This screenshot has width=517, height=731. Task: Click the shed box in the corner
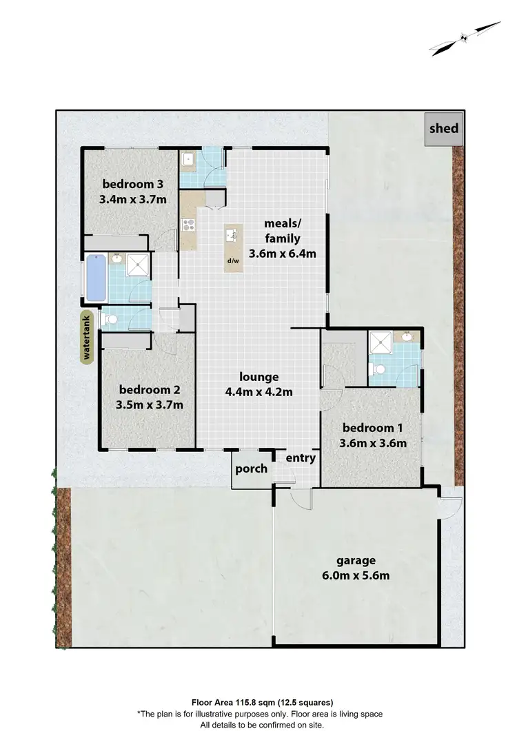click(x=443, y=128)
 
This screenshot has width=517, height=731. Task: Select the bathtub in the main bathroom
click(x=94, y=279)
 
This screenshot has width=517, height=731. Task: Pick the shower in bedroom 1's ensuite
click(x=380, y=342)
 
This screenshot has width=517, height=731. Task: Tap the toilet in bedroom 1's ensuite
click(x=377, y=370)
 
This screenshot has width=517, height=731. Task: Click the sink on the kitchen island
click(x=232, y=236)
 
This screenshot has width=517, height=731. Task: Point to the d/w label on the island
click(x=232, y=261)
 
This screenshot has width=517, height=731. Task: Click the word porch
click(x=252, y=469)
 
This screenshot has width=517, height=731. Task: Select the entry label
click(x=301, y=457)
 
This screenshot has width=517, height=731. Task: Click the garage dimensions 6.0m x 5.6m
click(x=356, y=575)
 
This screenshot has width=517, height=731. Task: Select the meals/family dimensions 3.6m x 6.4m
click(x=283, y=253)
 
